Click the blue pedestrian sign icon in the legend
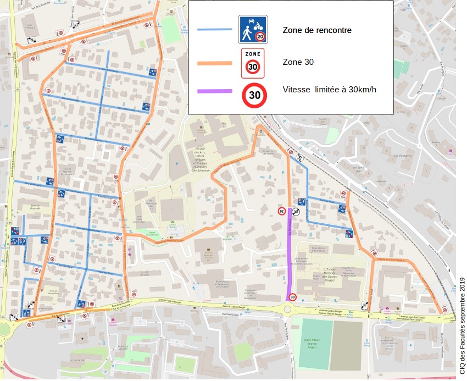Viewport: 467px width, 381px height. (253, 29)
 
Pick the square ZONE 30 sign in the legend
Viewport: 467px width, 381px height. (253, 63)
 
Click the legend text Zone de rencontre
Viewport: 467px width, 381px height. (317, 31)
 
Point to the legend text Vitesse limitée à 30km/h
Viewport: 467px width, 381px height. (329, 90)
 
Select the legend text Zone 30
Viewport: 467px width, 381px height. (298, 62)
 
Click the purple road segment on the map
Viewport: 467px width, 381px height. (290, 253)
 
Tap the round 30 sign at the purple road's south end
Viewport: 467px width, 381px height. (292, 297)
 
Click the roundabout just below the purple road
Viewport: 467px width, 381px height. (288, 310)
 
